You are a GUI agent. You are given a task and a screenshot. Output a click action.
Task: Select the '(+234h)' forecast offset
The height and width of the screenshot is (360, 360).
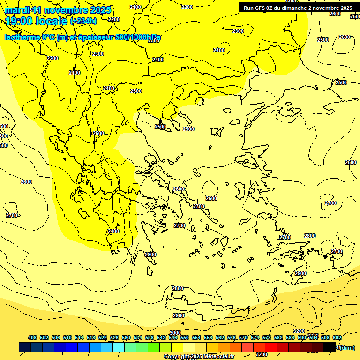click(x=83, y=21)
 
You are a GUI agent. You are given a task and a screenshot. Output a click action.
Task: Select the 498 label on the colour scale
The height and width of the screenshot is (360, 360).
click(x=32, y=337)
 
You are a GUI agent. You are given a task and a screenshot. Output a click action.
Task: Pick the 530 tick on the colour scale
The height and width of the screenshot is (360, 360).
click(x=126, y=337)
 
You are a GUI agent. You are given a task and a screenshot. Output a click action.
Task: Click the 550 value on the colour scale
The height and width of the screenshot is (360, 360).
click(x=185, y=337)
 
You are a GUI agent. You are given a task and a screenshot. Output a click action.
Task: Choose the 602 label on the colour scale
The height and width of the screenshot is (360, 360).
click(x=337, y=337)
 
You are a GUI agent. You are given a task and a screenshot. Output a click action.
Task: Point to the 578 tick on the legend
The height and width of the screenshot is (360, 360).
click(x=267, y=337)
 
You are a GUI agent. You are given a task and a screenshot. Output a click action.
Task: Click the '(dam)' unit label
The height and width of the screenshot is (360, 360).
click(x=347, y=347)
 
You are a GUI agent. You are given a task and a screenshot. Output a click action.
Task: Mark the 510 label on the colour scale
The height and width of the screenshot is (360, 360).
click(x=67, y=337)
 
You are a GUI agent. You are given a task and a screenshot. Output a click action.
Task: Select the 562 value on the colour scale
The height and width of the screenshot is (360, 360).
click(x=220, y=337)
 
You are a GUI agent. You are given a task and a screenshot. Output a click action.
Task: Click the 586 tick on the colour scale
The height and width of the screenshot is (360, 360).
click(x=290, y=337)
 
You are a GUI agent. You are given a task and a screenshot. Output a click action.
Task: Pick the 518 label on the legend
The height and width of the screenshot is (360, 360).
click(x=91, y=337)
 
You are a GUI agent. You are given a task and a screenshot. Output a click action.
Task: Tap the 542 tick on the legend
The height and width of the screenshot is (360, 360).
click(x=161, y=337)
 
